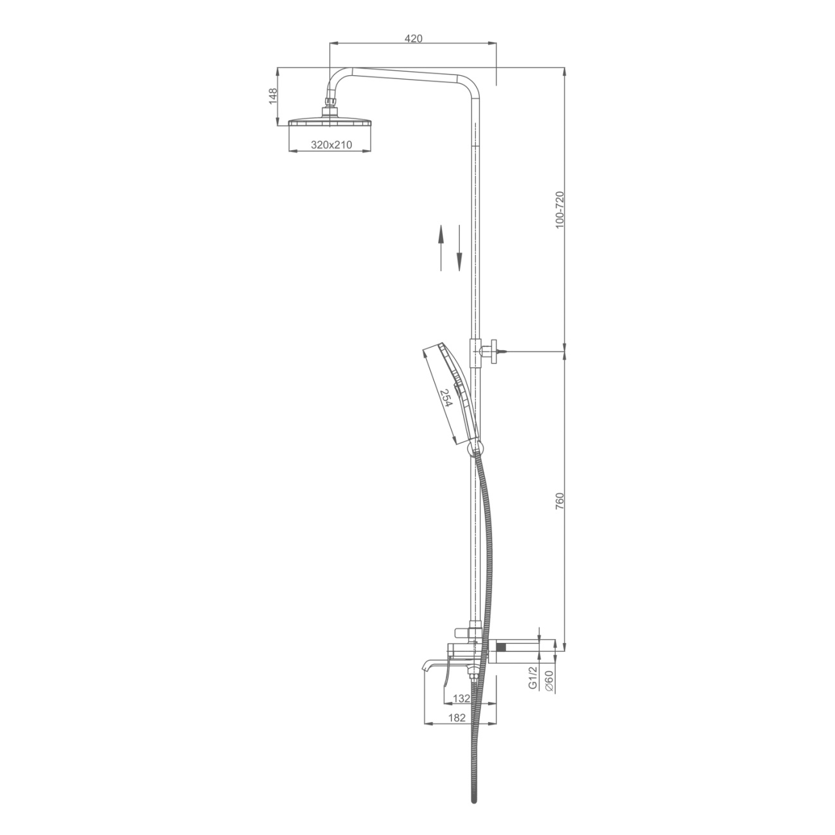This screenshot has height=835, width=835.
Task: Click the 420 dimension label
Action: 413,38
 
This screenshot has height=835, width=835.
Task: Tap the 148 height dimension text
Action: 272,96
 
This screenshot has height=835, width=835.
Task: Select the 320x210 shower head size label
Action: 331,145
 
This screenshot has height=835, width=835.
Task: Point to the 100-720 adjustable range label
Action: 559,210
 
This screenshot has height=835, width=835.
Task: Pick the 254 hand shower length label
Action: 446,398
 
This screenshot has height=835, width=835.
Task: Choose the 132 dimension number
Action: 461,710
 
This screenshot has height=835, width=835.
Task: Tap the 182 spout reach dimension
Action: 457,730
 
